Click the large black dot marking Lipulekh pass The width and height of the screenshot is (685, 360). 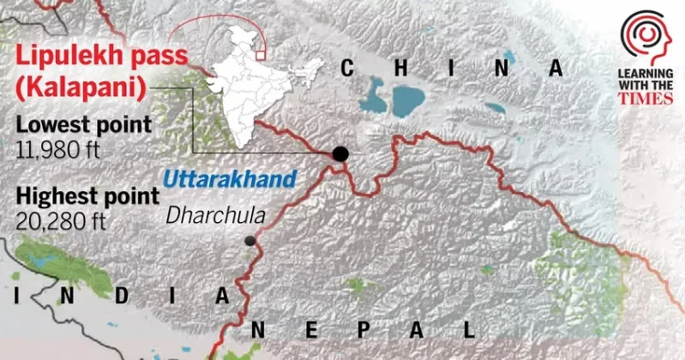341,154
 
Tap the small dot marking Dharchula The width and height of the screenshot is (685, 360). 249,241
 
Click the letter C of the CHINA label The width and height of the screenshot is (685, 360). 348,67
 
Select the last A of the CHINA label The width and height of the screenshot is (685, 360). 555,67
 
